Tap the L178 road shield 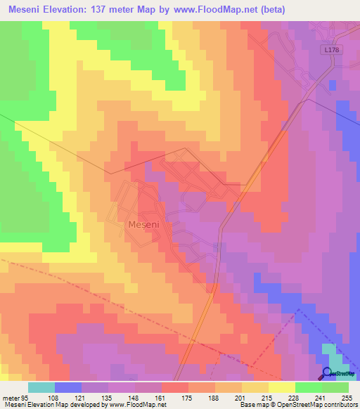click(x=333, y=51)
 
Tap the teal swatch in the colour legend click(x=41, y=387)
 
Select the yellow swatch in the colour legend click(x=281, y=387)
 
